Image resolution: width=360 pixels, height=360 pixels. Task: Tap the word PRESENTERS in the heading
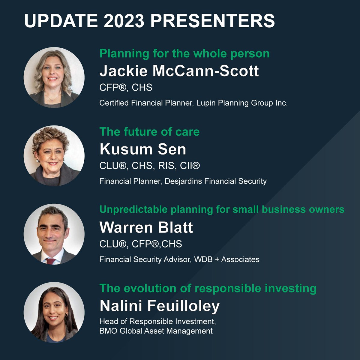(212, 21)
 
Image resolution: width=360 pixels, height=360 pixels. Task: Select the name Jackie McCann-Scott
(179, 71)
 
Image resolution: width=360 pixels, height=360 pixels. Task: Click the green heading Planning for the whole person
(184, 54)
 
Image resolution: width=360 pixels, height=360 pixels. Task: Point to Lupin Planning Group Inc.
(242, 103)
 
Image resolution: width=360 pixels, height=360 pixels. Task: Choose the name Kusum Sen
(143, 149)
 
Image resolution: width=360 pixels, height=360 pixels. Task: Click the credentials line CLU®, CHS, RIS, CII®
(149, 166)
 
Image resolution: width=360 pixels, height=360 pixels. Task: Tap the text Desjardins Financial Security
(215, 181)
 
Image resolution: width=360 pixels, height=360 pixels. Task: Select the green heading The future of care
(149, 132)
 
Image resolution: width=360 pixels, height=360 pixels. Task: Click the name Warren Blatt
(146, 227)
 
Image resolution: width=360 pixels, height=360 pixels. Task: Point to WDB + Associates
(226, 259)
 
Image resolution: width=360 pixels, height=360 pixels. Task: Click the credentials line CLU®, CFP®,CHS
(140, 244)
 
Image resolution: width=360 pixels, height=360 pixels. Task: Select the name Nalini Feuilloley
(160, 306)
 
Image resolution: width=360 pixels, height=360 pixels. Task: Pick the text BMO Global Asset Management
(156, 331)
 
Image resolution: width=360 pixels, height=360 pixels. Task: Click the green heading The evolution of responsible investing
(208, 288)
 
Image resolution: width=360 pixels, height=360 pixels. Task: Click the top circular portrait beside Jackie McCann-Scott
(54, 77)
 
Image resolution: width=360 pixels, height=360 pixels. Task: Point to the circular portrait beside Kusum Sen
(54, 156)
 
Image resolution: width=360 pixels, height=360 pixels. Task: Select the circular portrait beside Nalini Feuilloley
(54, 312)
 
